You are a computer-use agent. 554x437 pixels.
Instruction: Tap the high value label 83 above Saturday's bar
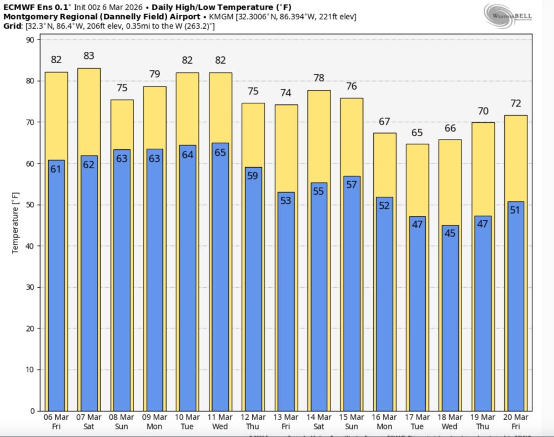tap(89, 55)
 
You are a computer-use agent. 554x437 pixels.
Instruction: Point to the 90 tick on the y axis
tap(30, 40)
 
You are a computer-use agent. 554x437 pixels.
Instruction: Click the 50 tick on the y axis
tap(30, 205)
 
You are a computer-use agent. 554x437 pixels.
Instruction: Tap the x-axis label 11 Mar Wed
tap(220, 422)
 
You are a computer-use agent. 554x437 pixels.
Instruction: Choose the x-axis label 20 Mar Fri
tap(516, 422)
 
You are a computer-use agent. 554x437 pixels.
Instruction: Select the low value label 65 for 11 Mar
tap(220, 153)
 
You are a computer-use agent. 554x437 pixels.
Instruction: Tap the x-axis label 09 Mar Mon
tap(155, 422)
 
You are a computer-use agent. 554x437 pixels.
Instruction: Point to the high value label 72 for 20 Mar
tap(516, 103)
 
